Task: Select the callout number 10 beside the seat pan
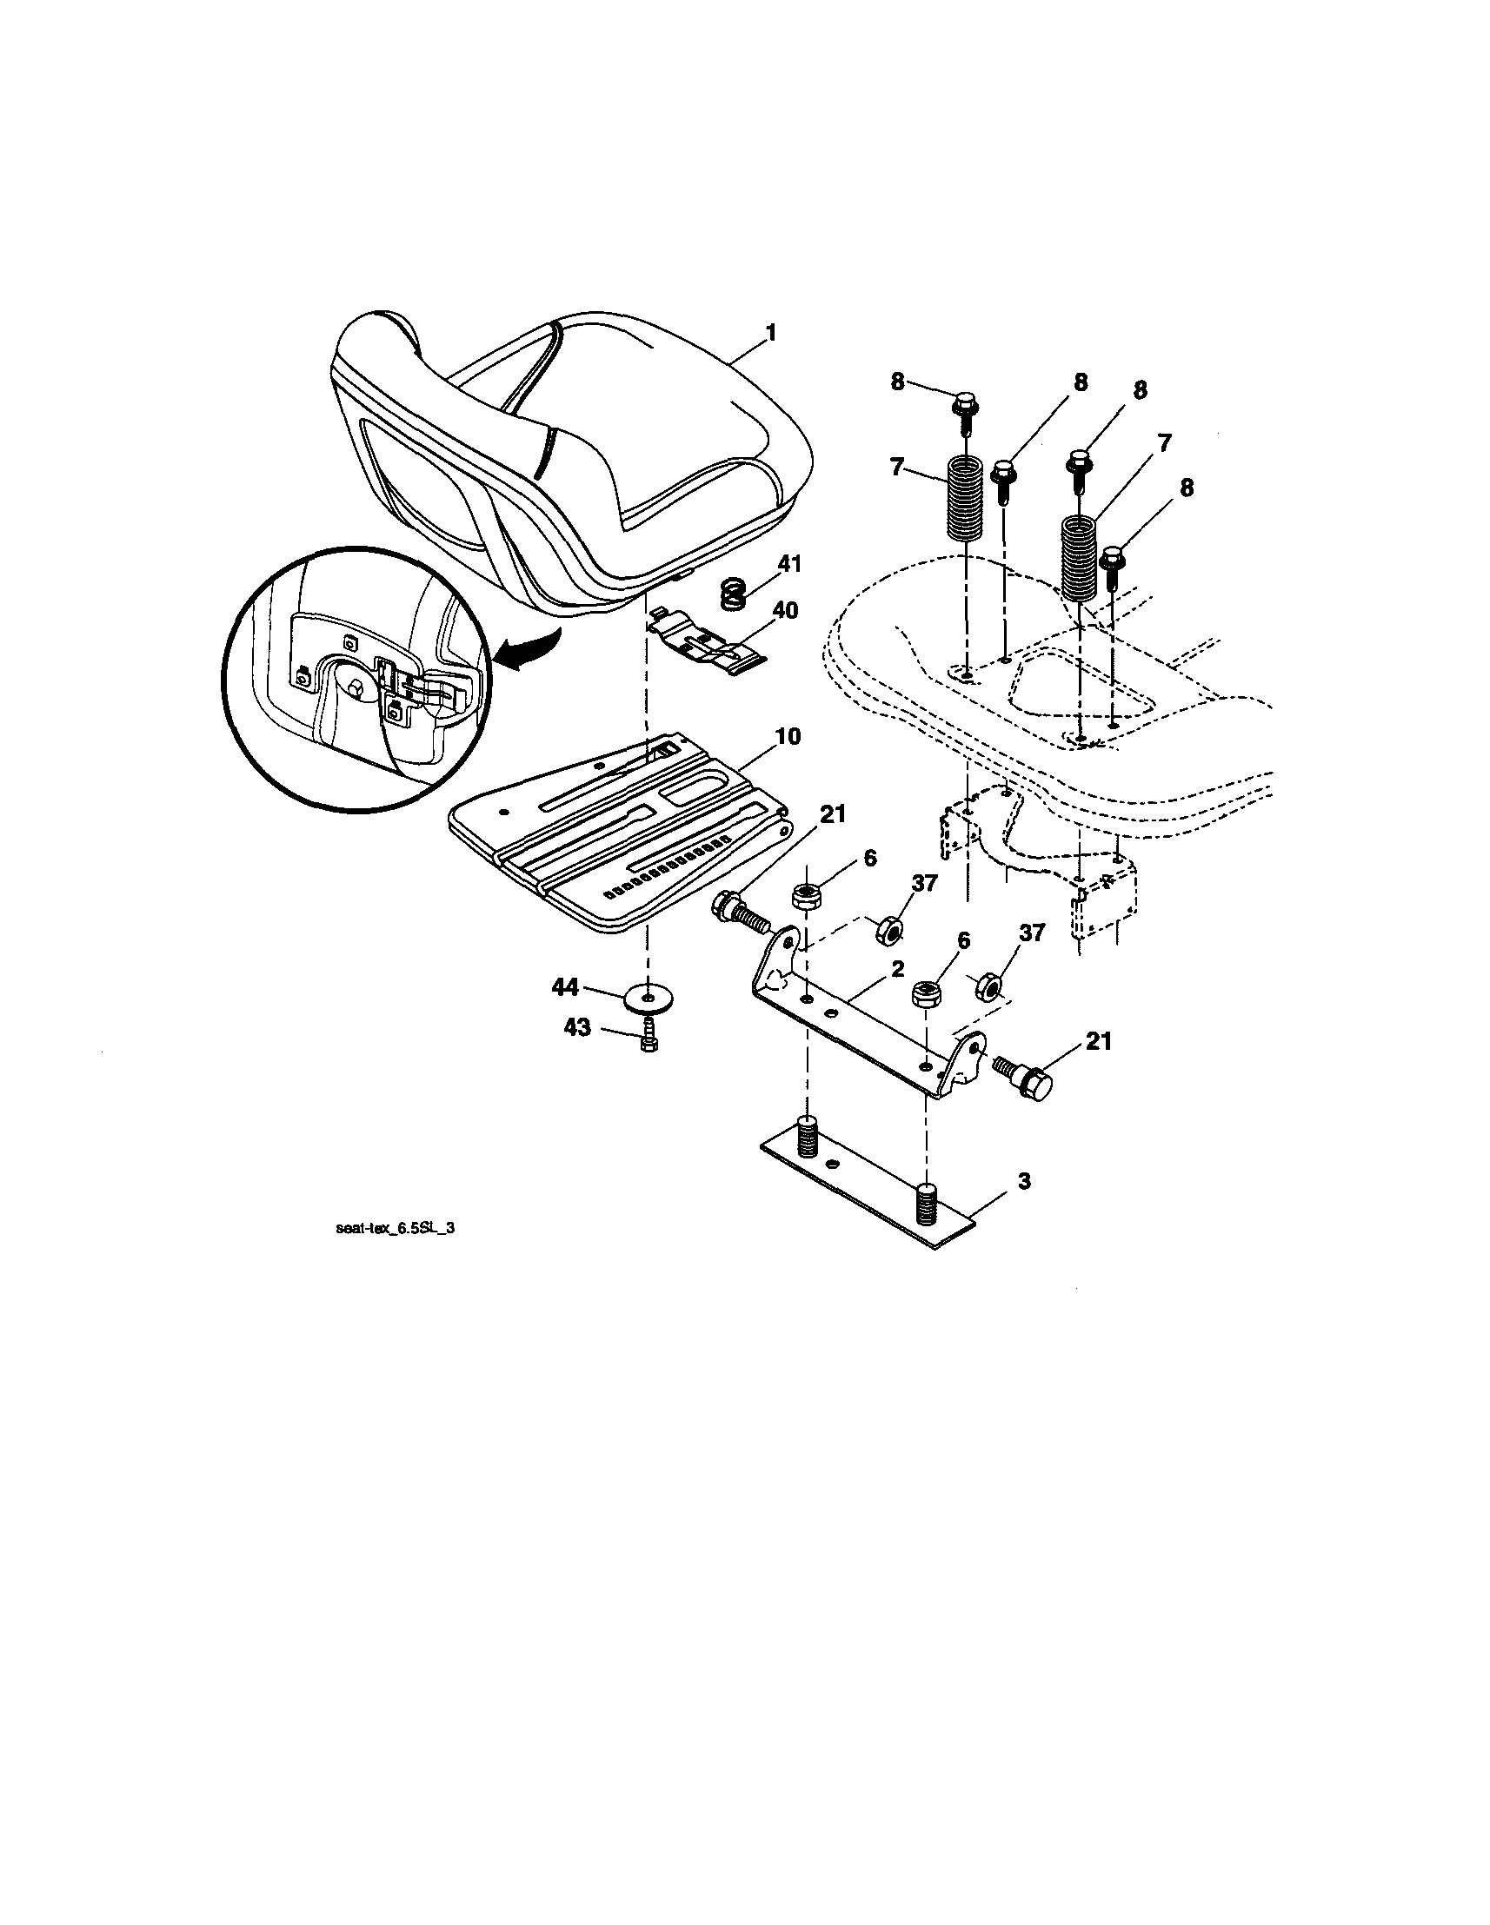788,735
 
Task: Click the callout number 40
784,609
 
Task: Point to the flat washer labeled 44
649,999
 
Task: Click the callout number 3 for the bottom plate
1022,1181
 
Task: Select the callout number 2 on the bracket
897,969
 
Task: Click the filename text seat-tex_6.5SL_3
396,1230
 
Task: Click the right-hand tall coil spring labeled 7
1077,558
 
